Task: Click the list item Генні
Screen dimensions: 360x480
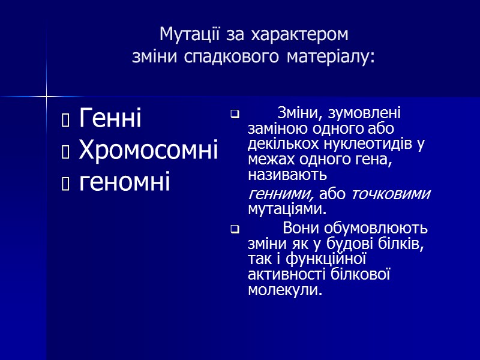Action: click(110, 118)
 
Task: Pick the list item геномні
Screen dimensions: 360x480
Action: click(124, 181)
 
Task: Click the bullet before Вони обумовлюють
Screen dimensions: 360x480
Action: click(235, 229)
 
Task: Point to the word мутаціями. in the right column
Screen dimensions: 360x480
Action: click(287, 209)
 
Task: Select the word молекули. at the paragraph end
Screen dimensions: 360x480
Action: click(284, 290)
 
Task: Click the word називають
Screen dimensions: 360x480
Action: click(287, 176)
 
